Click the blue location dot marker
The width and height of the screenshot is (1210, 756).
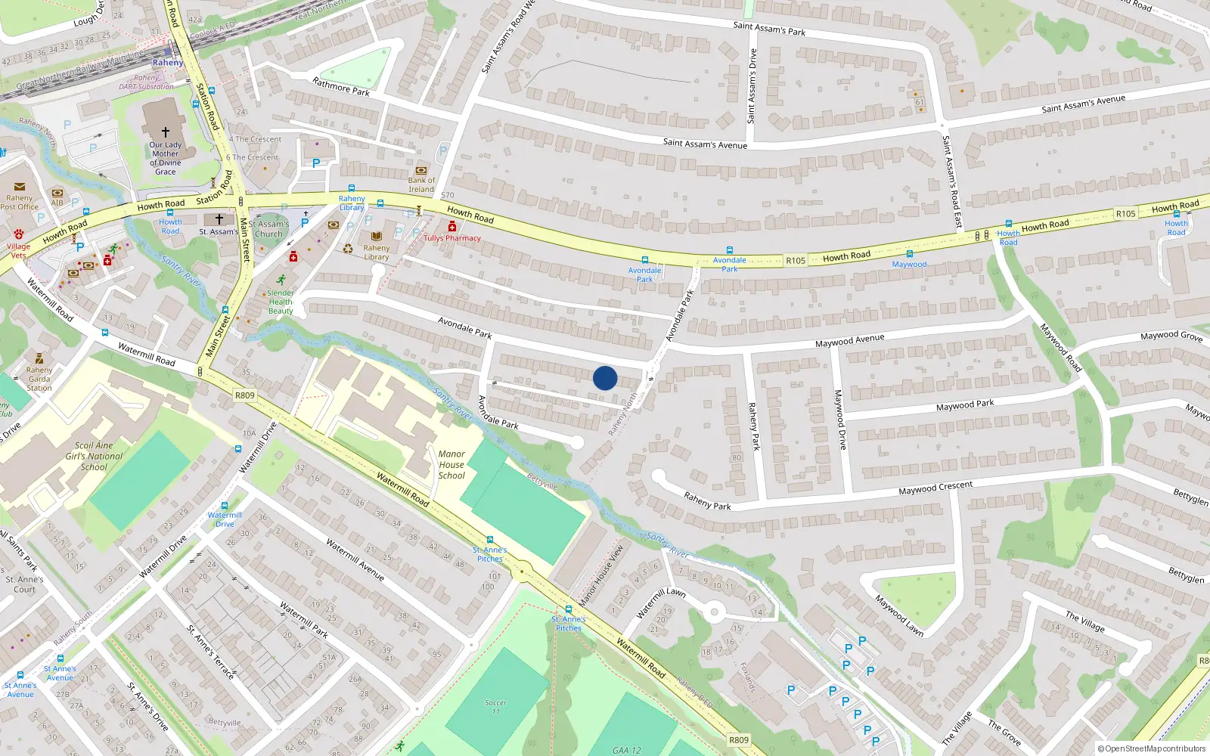605,378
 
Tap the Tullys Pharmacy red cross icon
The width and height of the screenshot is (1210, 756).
452,227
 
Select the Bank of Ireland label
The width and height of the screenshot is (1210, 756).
421,184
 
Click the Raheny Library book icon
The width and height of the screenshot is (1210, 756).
377,237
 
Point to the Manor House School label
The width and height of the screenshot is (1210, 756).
451,465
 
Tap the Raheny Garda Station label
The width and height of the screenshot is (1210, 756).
39,379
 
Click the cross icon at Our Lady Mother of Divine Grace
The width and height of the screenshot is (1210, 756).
166,132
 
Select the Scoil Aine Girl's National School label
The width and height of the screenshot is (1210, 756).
94,457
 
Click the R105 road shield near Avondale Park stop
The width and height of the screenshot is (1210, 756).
796,261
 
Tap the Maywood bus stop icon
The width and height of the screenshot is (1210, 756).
910,254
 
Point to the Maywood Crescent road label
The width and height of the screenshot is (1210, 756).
935,488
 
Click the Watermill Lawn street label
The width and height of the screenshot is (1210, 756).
660,603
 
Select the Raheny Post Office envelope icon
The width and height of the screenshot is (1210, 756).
20,187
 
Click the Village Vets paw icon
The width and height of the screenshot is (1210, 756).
19,234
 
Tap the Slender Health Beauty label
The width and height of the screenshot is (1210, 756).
281,302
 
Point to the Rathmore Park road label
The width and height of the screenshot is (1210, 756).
341,87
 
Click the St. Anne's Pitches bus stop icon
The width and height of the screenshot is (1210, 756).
569,609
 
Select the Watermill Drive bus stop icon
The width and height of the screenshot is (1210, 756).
225,506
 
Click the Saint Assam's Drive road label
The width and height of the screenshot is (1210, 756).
752,85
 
